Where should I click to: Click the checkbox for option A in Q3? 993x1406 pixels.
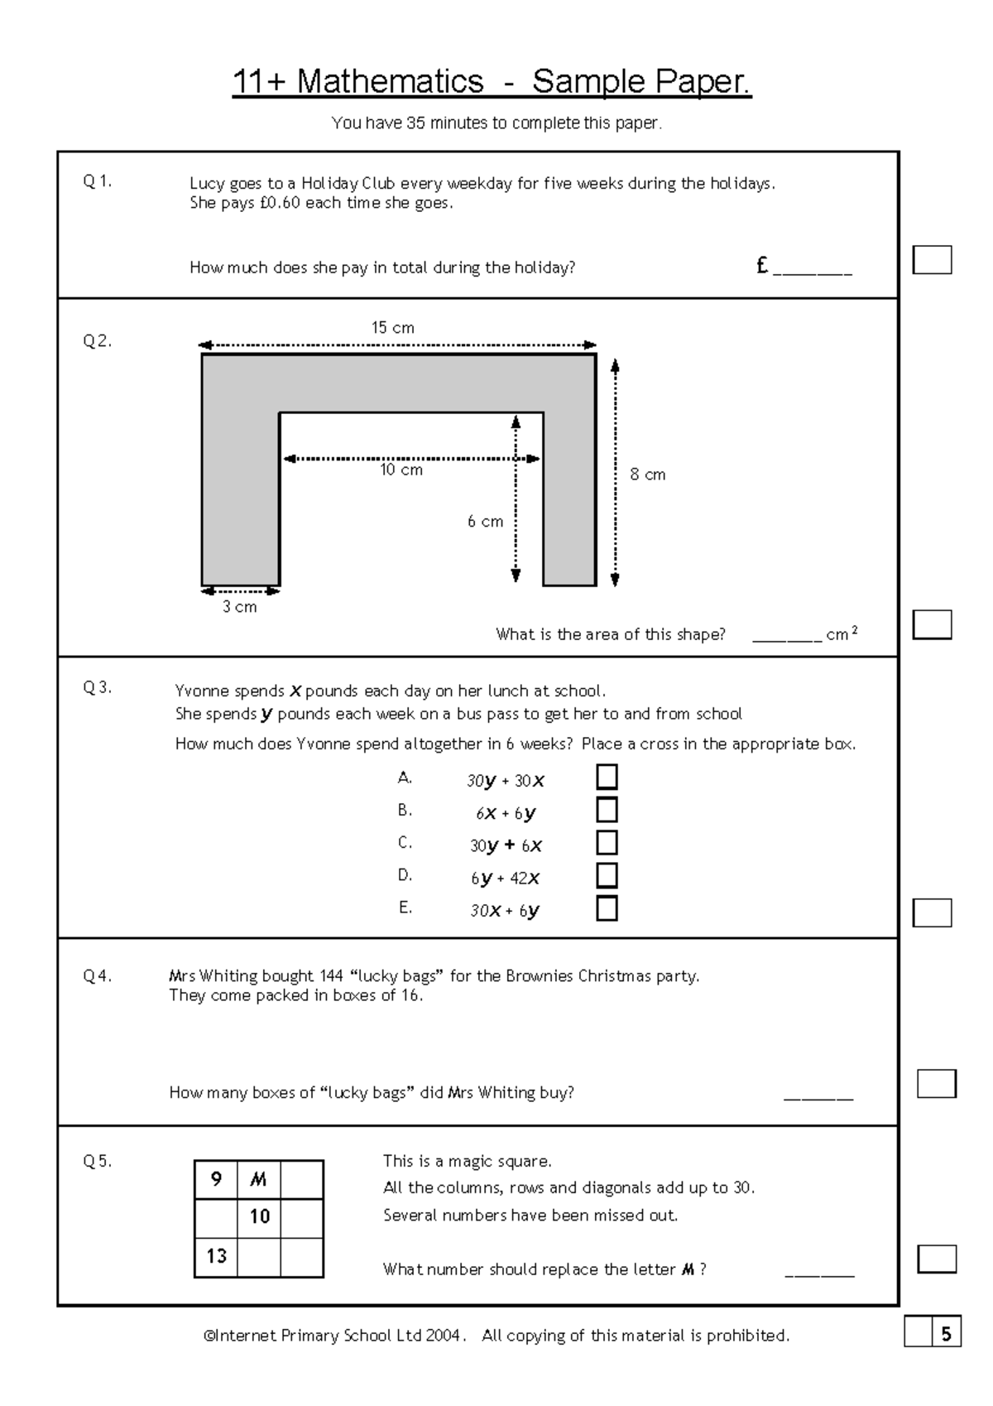607,777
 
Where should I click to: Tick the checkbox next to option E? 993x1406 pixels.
607,908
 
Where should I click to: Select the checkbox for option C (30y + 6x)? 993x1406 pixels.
607,843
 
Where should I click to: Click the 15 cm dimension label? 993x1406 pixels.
392,328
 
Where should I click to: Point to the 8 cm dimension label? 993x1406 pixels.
647,474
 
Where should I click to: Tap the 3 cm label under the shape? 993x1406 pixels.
239,607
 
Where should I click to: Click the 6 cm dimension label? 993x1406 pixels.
485,522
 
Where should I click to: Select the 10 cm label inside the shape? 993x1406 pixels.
401,470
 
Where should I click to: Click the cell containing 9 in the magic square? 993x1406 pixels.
216,1179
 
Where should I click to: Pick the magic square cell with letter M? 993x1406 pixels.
259,1179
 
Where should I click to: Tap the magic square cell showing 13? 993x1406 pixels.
216,1256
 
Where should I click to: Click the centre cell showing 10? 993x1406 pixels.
259,1216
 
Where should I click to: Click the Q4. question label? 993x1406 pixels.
98,976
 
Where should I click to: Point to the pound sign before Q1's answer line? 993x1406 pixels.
762,266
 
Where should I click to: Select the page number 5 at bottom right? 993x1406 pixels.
946,1334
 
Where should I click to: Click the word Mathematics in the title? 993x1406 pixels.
390,81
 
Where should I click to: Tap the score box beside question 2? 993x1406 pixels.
932,624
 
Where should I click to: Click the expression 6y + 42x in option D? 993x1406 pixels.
505,878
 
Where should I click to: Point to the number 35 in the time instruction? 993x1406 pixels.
415,123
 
